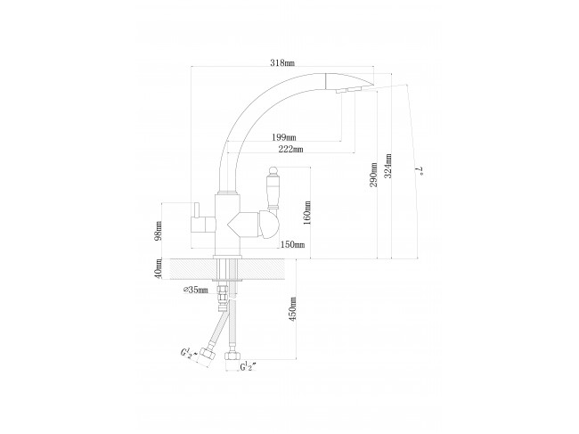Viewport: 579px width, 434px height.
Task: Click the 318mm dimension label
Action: pos(282,62)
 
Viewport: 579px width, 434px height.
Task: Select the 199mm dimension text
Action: pos(284,137)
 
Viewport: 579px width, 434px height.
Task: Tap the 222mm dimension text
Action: pos(291,149)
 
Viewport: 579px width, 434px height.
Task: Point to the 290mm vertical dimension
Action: pos(374,175)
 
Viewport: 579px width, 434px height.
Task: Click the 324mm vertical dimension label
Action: pos(388,166)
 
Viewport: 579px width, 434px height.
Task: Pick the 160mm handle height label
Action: pos(307,212)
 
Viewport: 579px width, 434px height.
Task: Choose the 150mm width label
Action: pos(292,244)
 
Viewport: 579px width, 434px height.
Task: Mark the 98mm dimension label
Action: pos(159,231)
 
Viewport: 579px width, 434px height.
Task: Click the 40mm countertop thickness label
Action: pos(159,268)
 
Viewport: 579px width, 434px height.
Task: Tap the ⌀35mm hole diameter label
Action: pos(196,290)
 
